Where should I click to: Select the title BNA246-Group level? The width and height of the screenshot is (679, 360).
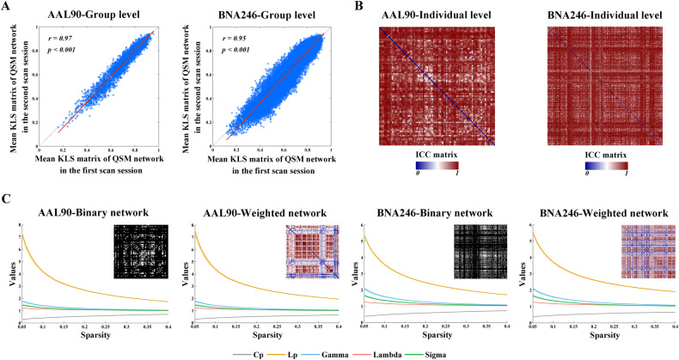click(x=260, y=11)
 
